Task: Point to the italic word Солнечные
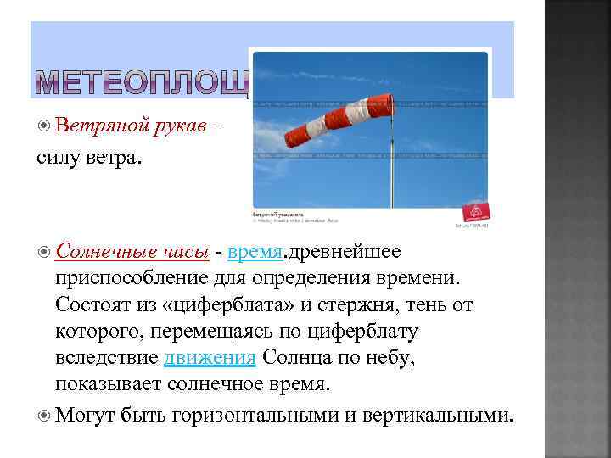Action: tap(95, 251)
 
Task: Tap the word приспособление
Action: tap(132, 277)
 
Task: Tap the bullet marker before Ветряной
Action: tap(44, 126)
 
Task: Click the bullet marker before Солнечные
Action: tap(44, 251)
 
